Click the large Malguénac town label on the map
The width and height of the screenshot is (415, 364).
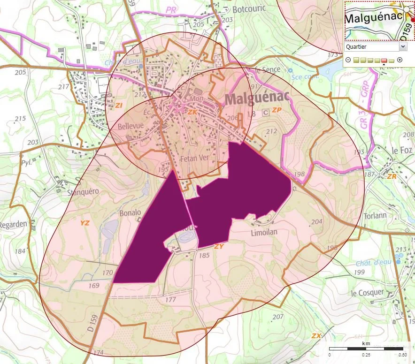click(x=257, y=99)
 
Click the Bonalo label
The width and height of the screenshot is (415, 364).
click(x=130, y=212)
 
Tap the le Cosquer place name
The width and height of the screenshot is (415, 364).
click(x=368, y=292)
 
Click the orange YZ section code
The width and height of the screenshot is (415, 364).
click(x=85, y=223)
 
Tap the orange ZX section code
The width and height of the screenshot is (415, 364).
click(x=316, y=336)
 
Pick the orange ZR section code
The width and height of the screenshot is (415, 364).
click(x=392, y=176)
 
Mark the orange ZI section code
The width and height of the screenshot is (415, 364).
click(x=119, y=105)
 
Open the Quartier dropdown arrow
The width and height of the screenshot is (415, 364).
click(x=403, y=46)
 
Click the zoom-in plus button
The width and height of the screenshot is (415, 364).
click(x=400, y=60)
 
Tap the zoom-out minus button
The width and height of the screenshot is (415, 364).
click(x=347, y=60)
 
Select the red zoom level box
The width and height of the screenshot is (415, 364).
click(x=384, y=60)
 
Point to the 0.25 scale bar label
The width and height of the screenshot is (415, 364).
click(x=365, y=355)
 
